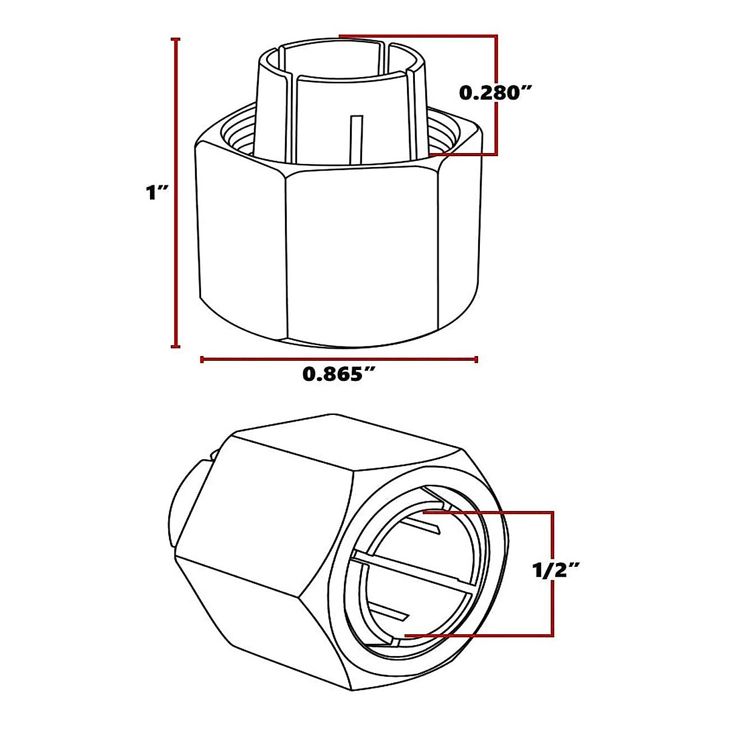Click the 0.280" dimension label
[496, 92]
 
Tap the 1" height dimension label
[155, 193]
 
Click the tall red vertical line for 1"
[176, 193]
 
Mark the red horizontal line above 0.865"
[338, 360]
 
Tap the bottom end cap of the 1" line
[176, 347]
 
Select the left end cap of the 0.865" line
[201, 360]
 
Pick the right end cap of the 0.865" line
[476, 360]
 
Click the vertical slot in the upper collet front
[357, 137]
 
